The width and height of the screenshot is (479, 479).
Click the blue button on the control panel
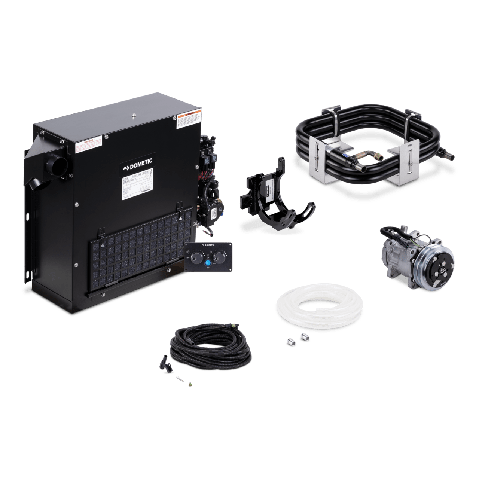click(x=208, y=263)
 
